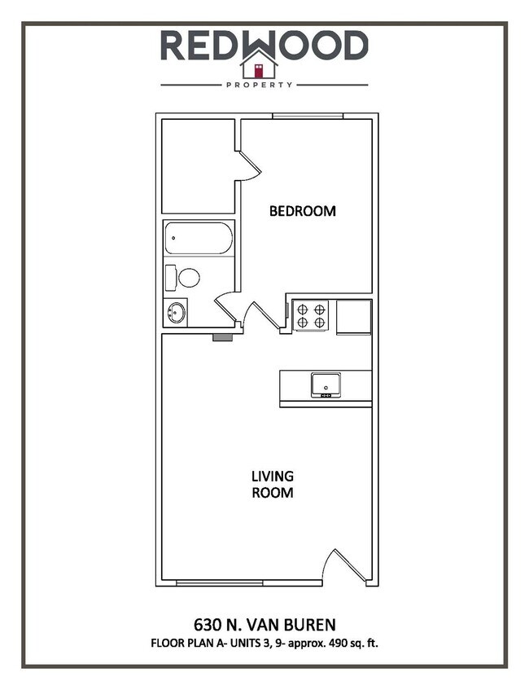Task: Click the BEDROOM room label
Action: (302, 211)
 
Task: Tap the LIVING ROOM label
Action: (272, 484)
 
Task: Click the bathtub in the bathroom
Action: (199, 239)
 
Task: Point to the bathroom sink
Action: (175, 312)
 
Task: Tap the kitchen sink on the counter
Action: (325, 384)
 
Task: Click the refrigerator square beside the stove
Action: (354, 317)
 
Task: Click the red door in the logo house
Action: (259, 69)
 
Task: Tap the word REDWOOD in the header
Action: (264, 45)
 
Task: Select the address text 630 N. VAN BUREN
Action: (264, 626)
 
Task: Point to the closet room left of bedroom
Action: (198, 166)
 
